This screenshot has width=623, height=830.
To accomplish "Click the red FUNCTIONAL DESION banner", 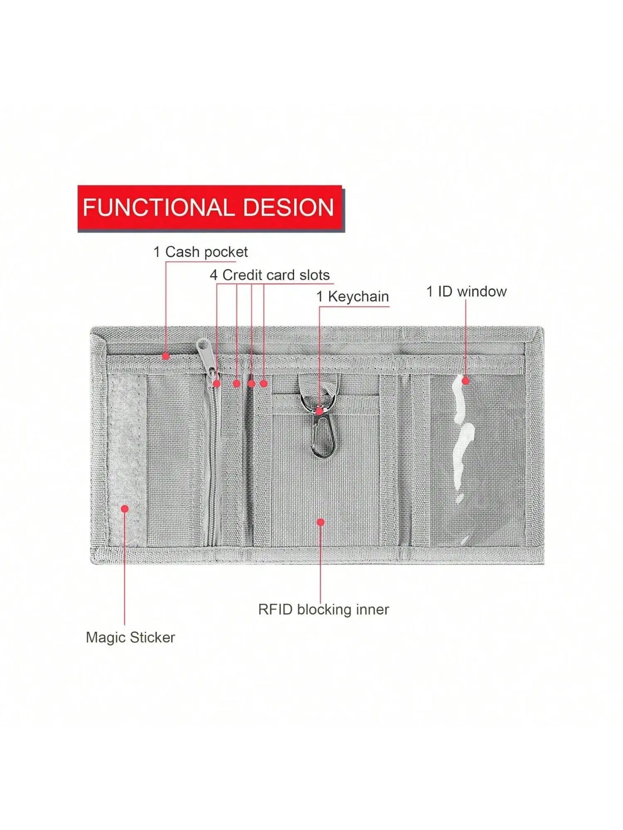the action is pos(211,208).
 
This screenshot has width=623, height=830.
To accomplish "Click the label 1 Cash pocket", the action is pos(200,252).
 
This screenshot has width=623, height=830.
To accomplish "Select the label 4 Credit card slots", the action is pos(270,275).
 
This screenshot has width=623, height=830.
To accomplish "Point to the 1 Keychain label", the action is pos(353,296).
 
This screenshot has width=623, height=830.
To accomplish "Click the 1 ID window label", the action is pos(466,292).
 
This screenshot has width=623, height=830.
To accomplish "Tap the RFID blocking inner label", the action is pos(323,609).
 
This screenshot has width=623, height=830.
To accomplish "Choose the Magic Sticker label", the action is pos(130,637).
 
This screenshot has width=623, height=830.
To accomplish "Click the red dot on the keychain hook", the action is pos(319,411).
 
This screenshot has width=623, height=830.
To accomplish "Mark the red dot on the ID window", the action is pos(465,381).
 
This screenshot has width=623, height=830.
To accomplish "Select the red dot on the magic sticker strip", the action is pos(125,509).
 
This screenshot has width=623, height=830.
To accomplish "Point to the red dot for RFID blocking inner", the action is pos(320,522).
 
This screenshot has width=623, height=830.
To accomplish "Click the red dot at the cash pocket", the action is pos(166,356).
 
